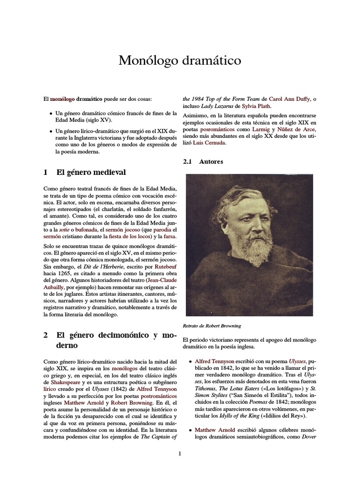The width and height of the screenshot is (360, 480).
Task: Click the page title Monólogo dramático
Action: (x=180, y=60)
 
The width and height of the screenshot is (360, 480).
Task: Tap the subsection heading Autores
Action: (x=211, y=162)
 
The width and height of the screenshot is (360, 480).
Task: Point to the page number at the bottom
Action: (x=180, y=453)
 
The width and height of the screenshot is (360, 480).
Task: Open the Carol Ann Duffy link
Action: (x=289, y=99)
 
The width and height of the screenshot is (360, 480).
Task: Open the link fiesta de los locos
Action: (x=127, y=237)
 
